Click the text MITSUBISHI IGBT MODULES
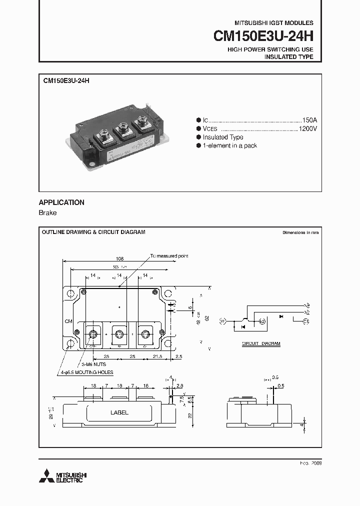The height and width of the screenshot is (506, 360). (x=274, y=23)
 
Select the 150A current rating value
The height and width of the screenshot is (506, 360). (x=309, y=120)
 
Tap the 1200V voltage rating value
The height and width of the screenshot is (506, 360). (x=307, y=129)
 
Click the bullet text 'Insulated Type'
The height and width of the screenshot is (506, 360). (x=223, y=137)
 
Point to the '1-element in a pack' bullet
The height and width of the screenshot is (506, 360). (x=230, y=145)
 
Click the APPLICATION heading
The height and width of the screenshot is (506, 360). (x=61, y=202)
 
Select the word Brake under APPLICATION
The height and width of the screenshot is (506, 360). (x=48, y=213)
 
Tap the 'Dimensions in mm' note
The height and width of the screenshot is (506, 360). (x=300, y=233)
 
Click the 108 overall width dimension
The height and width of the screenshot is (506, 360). (x=119, y=258)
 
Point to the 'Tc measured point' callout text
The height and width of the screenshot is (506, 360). (x=169, y=256)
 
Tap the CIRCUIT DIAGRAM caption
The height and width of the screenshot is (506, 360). (x=261, y=344)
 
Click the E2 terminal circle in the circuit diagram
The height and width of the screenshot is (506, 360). (x=261, y=321)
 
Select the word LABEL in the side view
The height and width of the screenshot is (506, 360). (x=119, y=412)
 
